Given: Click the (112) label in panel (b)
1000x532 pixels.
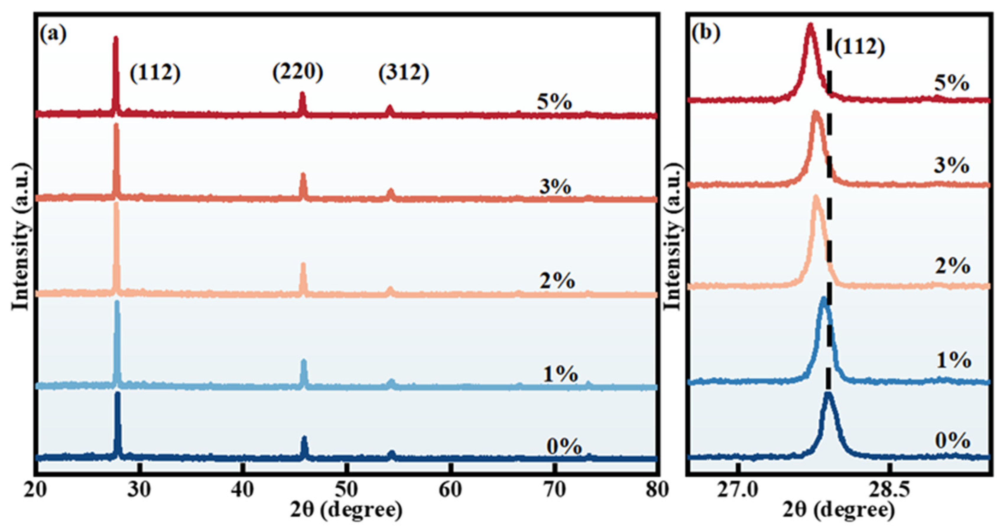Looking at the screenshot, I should (859, 47).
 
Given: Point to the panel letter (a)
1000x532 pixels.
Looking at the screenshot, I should (53, 34).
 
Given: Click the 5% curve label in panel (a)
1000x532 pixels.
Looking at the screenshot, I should (554, 102).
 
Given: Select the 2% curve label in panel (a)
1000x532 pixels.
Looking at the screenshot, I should (557, 281).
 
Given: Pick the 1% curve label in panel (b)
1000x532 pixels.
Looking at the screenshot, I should (953, 360).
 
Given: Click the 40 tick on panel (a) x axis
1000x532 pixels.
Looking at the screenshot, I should (243, 490).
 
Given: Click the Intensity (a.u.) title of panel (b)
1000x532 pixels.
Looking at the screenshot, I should (673, 237).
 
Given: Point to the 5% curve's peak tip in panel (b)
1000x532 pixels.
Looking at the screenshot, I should (810, 36).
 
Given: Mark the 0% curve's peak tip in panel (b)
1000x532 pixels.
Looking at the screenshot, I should (828, 394).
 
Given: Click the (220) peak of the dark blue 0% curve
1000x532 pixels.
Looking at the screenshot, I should (304, 438).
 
